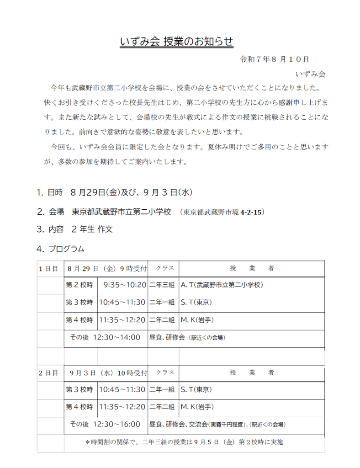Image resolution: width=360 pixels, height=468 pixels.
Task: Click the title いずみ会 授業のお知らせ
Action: click(x=176, y=42)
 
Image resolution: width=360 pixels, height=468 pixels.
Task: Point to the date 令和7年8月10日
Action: click(x=275, y=59)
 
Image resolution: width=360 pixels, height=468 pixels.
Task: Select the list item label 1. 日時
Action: click(x=50, y=193)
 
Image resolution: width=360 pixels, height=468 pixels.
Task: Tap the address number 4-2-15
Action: click(x=250, y=213)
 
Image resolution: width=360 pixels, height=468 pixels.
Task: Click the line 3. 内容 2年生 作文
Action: click(x=75, y=229)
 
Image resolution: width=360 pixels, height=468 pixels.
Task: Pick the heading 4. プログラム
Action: click(x=61, y=249)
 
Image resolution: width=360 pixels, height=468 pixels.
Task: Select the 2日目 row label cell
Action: click(x=48, y=373)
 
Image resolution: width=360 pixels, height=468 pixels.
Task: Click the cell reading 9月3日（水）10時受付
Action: click(x=108, y=373)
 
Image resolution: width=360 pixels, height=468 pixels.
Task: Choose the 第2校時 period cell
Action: click(x=80, y=285)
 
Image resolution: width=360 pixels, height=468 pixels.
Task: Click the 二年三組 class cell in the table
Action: click(x=162, y=285)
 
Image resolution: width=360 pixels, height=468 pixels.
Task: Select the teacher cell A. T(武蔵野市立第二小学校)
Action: click(x=222, y=285)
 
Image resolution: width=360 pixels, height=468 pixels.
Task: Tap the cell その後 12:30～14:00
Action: click(x=105, y=338)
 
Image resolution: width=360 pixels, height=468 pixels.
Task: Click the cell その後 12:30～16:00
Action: click(x=105, y=425)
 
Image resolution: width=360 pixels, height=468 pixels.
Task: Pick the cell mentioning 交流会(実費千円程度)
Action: click(x=218, y=425)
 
